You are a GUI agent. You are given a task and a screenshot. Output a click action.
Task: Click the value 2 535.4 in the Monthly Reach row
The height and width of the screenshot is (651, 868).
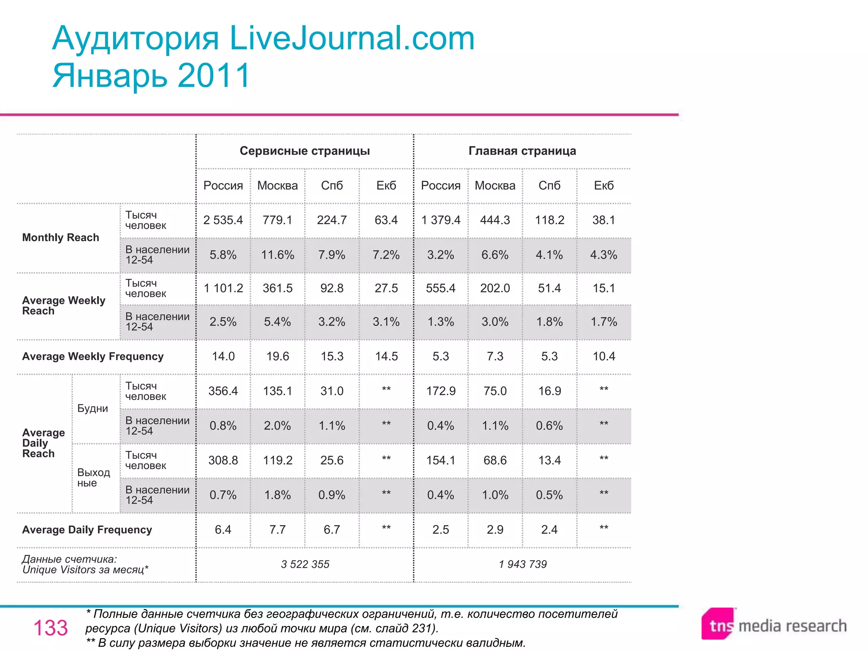coord(223,220)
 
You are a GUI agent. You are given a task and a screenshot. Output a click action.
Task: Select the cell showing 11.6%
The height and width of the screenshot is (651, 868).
coord(277,255)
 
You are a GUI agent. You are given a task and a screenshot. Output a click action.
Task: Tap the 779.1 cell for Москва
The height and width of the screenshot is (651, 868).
coord(277,220)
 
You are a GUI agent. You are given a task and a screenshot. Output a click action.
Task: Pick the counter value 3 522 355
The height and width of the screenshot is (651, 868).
coord(305,564)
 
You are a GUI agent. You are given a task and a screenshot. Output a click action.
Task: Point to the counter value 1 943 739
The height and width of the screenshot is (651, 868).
coord(523,564)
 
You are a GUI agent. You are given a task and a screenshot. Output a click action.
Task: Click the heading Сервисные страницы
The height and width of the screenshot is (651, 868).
coord(305,151)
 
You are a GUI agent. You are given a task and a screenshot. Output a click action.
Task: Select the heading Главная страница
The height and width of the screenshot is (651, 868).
coord(522,151)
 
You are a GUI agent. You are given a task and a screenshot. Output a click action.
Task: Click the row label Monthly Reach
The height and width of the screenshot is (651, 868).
coord(61,237)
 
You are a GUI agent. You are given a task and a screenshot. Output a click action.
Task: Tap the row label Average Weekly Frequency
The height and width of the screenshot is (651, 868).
coord(93,356)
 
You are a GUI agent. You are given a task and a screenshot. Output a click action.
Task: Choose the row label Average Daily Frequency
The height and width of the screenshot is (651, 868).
coord(87,530)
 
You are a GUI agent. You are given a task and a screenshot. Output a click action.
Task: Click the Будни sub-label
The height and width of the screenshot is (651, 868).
coord(92,409)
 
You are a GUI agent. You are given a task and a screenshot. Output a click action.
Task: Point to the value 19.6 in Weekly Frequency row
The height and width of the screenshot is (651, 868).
coord(277,356)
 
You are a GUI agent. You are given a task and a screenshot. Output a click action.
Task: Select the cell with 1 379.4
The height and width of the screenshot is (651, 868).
coord(440,220)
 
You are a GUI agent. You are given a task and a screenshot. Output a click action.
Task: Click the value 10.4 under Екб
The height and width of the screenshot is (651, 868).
coord(604,356)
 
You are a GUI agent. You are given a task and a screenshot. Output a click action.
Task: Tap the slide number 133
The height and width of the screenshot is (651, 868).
coord(50,628)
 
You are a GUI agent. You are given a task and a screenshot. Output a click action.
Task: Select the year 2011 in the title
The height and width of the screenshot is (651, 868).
coord(214,75)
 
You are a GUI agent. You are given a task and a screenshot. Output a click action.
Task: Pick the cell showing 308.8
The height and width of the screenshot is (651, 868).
coord(223,460)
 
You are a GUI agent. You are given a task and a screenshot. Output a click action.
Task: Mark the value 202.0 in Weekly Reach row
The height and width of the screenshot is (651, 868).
coord(495,288)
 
